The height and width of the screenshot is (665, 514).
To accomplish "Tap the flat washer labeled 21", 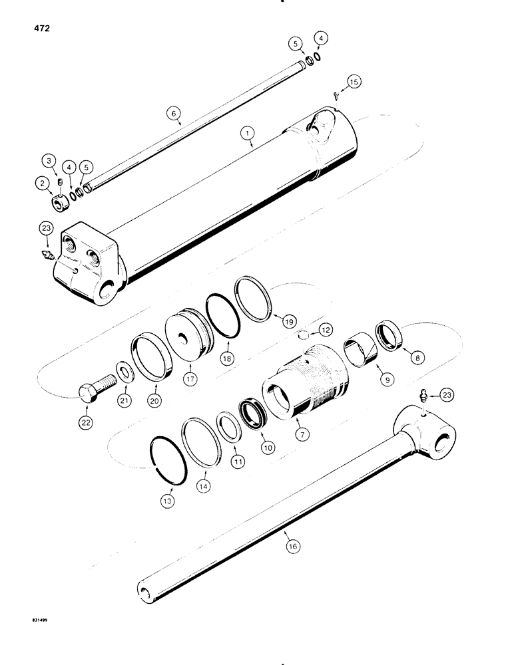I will click(125, 370).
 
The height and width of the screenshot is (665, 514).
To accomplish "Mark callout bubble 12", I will click(324, 330).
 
